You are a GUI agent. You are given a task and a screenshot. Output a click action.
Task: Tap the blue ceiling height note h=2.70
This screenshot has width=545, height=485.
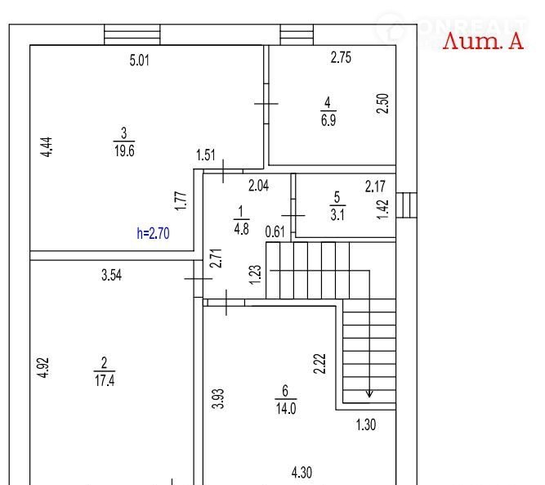click(x=153, y=233)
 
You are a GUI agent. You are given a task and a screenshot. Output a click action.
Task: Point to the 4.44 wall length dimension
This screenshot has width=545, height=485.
click(x=47, y=147)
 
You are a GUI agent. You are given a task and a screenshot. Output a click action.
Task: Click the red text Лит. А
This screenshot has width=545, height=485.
click(x=483, y=42)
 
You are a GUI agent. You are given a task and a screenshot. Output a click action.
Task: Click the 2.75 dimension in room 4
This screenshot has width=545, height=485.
click(x=341, y=58)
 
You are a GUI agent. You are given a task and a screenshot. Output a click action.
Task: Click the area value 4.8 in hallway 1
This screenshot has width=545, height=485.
click(x=240, y=229)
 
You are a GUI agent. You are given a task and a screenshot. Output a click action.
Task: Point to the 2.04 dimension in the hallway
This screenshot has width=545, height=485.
click(x=258, y=186)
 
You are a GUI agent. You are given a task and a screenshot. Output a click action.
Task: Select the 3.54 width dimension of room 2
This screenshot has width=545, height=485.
click(x=112, y=276)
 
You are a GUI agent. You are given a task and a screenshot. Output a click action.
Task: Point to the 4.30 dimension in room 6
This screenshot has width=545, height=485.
click(x=302, y=472)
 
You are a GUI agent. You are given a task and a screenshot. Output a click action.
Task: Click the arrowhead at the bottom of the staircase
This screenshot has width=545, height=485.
click(x=369, y=393)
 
